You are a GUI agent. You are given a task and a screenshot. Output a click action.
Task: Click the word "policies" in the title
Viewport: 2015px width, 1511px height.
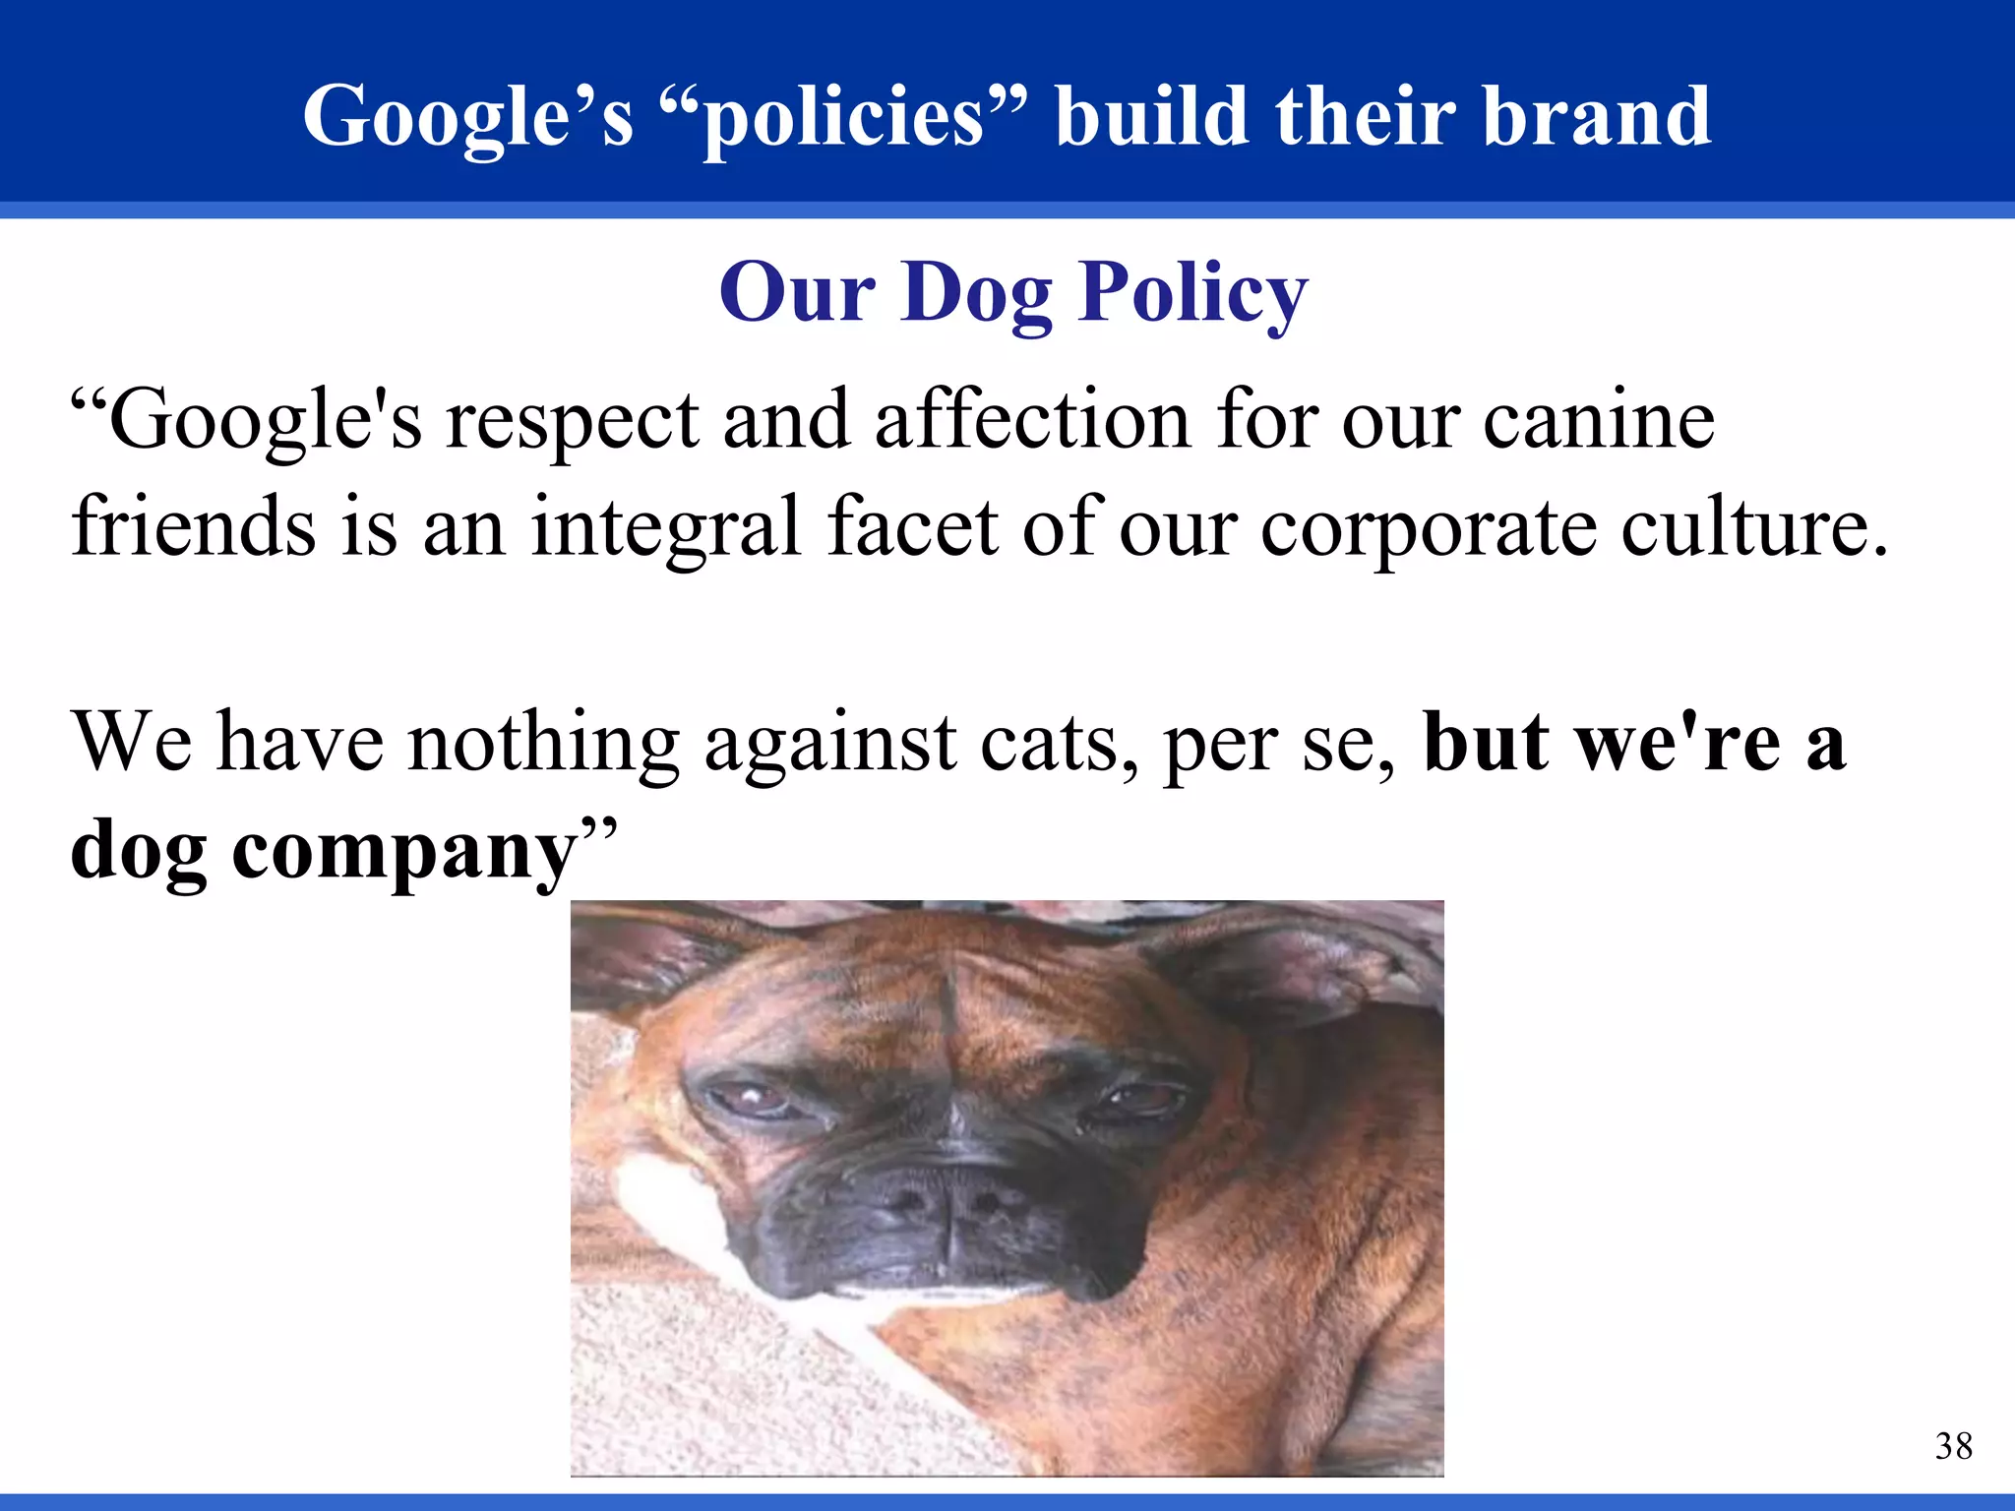click(844, 118)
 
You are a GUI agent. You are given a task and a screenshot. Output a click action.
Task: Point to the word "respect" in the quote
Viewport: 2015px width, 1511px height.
click(573, 421)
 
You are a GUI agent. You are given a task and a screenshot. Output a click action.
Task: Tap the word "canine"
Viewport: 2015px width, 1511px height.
click(1598, 421)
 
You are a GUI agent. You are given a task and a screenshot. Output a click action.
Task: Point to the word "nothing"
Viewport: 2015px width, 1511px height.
click(544, 743)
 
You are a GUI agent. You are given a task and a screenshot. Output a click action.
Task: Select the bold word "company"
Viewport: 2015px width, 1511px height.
click(404, 851)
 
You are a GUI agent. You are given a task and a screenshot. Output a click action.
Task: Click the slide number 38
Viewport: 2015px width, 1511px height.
click(1953, 1446)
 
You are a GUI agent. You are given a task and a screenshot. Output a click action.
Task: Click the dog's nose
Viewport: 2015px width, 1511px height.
click(945, 1195)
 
